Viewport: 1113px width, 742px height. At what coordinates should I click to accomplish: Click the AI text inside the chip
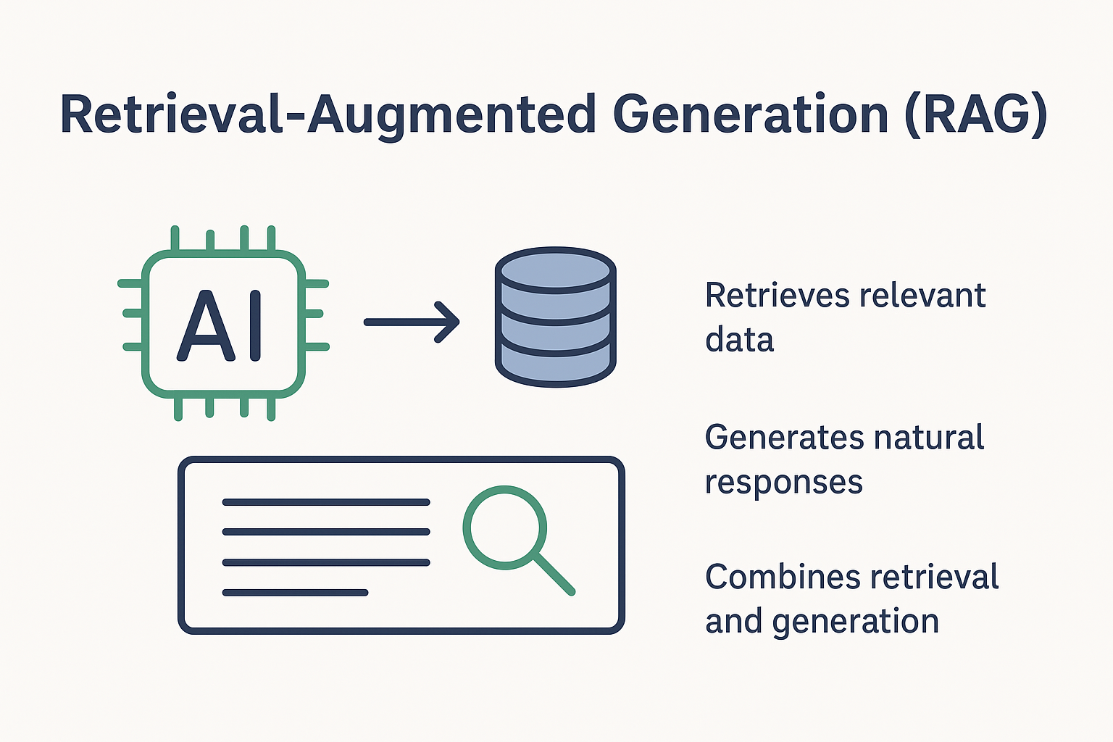tap(220, 327)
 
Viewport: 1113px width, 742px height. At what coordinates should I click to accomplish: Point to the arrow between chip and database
tap(411, 321)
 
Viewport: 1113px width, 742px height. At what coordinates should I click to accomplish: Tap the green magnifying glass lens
tap(504, 527)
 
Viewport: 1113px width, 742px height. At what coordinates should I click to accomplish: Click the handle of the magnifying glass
tap(554, 575)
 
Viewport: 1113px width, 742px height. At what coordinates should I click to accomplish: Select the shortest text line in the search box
tap(295, 593)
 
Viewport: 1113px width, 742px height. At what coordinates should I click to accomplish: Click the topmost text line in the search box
tap(325, 501)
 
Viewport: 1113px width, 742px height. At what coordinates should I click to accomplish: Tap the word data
tap(739, 340)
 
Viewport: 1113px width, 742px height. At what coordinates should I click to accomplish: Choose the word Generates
tap(783, 438)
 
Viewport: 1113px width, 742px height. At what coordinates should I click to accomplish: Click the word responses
tap(783, 483)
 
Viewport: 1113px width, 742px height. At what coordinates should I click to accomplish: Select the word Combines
tap(782, 578)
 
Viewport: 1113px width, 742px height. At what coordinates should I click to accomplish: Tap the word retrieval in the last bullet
tap(934, 578)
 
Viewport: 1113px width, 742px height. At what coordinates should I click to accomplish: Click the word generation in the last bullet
tap(855, 622)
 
